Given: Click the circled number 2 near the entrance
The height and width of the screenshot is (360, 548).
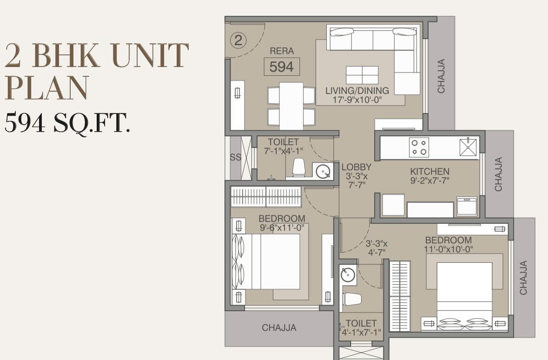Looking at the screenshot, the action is click(238, 40).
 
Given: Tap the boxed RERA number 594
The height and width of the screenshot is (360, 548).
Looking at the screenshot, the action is click(282, 67).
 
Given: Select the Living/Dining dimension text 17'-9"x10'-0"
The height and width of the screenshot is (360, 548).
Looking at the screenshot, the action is click(357, 100).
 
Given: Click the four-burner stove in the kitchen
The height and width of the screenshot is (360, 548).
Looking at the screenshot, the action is click(419, 147).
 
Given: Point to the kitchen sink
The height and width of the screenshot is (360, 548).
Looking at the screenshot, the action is click(469, 147).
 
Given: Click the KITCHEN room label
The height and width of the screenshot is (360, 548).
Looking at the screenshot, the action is click(429, 172).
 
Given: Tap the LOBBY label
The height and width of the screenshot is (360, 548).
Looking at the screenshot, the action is click(357, 167).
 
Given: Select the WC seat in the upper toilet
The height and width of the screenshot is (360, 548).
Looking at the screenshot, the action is click(298, 167).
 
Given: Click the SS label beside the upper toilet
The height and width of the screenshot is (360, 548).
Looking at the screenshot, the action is click(236, 157).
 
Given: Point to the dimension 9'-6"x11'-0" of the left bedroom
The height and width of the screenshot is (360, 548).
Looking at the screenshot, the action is click(282, 227).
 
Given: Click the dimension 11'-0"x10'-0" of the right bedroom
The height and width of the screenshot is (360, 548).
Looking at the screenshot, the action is click(449, 249).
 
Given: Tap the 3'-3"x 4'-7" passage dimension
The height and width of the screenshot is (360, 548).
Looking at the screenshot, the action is click(376, 248).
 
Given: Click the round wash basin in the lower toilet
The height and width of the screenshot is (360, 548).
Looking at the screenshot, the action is click(348, 274).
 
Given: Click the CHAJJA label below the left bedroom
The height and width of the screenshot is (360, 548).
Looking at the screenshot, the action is click(279, 328).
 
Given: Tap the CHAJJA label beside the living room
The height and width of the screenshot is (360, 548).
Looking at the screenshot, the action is click(441, 76).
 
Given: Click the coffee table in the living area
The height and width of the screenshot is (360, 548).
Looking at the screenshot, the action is click(362, 75).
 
